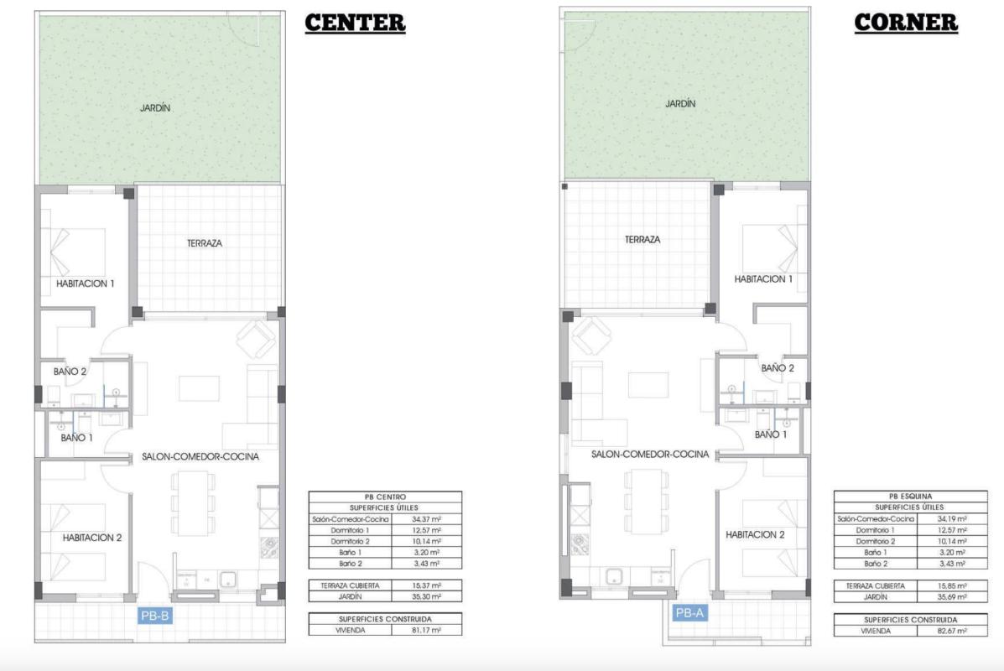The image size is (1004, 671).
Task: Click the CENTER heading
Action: (x=355, y=23)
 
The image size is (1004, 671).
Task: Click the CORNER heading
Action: (x=906, y=23)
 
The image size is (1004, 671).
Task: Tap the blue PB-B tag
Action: (x=156, y=616)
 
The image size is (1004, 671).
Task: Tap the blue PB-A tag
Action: (x=690, y=613)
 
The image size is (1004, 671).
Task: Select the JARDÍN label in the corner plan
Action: (x=680, y=104)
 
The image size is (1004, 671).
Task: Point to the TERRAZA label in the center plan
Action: (x=205, y=243)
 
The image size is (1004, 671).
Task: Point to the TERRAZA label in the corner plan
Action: (x=642, y=240)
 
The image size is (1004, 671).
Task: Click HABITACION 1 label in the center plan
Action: (x=84, y=283)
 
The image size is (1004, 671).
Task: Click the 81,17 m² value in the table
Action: (x=427, y=630)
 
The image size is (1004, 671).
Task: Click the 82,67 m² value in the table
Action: (x=952, y=631)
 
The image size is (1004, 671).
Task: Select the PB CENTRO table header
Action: (x=385, y=497)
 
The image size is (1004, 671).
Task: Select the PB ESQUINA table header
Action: (x=910, y=497)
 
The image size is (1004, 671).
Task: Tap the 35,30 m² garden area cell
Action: (x=427, y=596)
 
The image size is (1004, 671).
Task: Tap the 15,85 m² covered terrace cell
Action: (x=952, y=585)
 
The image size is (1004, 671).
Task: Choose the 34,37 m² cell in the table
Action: (x=427, y=519)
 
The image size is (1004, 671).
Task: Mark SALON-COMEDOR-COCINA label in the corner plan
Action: (x=650, y=454)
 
